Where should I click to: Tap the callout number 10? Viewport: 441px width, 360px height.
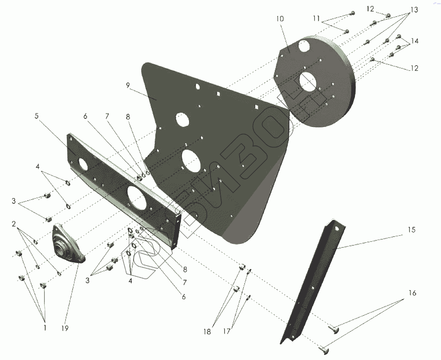point(280,19)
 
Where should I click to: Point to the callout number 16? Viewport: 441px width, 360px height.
point(412,293)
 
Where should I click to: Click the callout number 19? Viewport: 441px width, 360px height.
point(64,328)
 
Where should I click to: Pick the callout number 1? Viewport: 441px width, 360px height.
point(45,328)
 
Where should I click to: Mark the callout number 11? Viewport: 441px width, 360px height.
point(316,18)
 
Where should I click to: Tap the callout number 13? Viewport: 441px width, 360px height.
point(414,10)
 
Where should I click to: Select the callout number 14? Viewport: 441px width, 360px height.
point(414,41)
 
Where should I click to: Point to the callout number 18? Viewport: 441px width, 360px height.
point(208,331)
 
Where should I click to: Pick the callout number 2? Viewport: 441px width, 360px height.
point(14,224)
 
